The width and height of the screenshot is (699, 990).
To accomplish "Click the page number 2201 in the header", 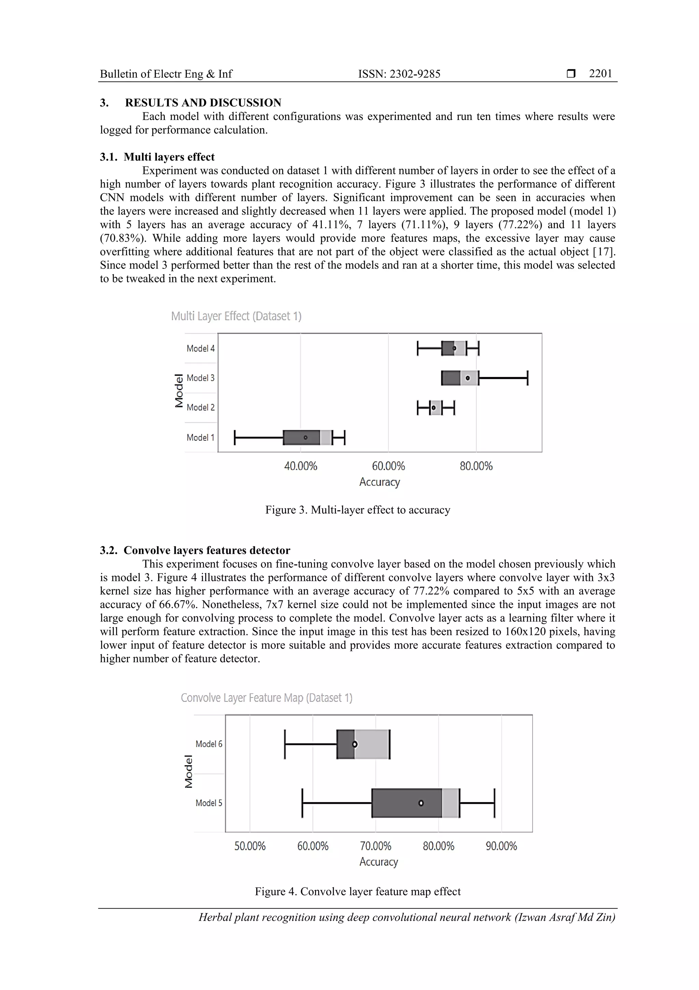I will pos(600,74).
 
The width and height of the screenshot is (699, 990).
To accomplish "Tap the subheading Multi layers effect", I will pos(169,157).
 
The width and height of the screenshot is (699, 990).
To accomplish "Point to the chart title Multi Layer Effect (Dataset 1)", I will pos(236,316).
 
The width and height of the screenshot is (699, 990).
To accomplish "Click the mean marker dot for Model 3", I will pos(468,378).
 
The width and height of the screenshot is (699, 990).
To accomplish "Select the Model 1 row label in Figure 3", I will pos(200,438).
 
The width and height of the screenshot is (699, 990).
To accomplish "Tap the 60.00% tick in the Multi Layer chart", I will pos(388,466).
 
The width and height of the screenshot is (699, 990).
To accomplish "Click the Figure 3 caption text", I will pos(357,510).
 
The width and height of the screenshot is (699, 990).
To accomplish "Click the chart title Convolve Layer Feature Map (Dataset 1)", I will pos(266,698).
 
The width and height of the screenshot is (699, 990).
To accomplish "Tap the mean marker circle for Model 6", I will pos(355,744).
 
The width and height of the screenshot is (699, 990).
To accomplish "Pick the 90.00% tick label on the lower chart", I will pos(501,846).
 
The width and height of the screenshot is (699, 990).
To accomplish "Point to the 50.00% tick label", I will pos(250,846).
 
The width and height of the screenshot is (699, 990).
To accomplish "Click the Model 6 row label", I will pos(209,744).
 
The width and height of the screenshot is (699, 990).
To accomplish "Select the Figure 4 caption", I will pos(357,892).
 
